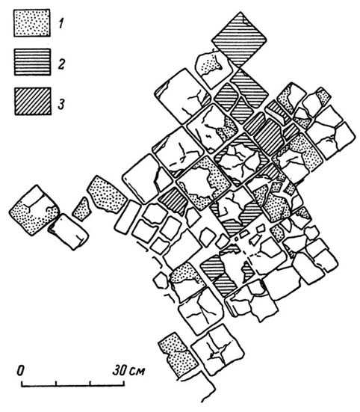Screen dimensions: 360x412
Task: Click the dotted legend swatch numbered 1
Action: pos(32,23)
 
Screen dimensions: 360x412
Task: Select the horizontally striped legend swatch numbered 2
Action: pos(32,62)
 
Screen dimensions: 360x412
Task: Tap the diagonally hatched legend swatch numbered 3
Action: pos(33,101)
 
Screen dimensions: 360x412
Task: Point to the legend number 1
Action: pos(61,23)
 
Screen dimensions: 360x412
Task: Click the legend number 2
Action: pos(61,64)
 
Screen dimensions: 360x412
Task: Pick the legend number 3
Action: pos(61,103)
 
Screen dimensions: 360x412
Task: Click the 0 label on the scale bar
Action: pos(20,370)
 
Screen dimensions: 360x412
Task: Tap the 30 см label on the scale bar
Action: pos(128,370)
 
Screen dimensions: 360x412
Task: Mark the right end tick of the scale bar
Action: pos(124,384)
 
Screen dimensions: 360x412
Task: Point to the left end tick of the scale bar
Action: pos(22,384)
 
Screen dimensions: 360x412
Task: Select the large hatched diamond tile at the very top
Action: pos(239,40)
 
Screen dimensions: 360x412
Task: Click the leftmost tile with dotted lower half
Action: pos(34,210)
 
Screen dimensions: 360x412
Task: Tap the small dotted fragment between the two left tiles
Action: pos(81,209)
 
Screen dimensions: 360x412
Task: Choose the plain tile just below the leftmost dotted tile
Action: pos(69,232)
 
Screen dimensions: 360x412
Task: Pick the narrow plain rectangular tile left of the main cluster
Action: pos(128,217)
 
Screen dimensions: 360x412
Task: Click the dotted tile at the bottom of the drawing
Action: pos(178,355)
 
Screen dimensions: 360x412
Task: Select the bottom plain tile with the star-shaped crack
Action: pos(218,350)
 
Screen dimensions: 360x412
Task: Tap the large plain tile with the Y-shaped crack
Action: pos(183,96)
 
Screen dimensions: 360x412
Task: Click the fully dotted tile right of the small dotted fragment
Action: pos(107,194)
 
